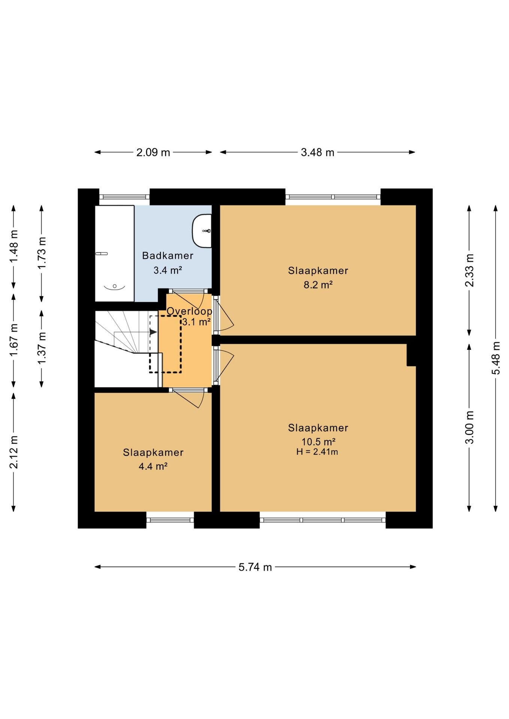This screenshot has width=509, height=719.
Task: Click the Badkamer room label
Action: click(x=168, y=256)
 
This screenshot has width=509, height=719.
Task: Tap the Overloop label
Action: click(x=189, y=311)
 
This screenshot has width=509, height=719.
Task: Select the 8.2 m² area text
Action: click(x=318, y=285)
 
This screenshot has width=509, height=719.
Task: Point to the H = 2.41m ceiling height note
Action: click(x=317, y=452)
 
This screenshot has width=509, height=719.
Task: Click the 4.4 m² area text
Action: click(x=153, y=466)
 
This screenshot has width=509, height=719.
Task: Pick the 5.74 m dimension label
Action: click(x=255, y=567)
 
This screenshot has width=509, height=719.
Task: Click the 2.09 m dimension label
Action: click(x=153, y=152)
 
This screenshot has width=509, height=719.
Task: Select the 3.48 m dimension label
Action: click(x=317, y=152)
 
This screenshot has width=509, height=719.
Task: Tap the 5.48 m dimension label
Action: click(x=496, y=358)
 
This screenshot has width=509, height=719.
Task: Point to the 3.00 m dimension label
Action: click(x=469, y=427)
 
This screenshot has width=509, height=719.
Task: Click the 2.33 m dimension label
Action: click(x=469, y=270)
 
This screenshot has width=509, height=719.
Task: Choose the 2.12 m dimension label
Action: click(x=14, y=452)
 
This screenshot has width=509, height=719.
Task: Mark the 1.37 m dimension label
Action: click(x=42, y=348)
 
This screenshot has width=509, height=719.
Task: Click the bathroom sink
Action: click(x=202, y=231)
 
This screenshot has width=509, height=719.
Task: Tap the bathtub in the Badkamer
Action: click(x=114, y=253)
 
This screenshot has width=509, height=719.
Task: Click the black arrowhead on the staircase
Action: click(x=153, y=332)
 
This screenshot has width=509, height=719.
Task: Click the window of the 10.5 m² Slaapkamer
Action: click(x=323, y=520)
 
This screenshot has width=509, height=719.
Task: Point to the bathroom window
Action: click(x=124, y=197)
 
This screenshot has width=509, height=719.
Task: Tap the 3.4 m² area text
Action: click(x=168, y=270)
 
